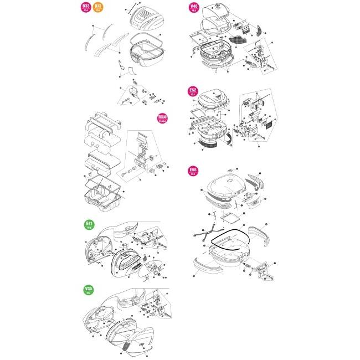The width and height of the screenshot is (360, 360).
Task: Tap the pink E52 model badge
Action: tap(193, 91)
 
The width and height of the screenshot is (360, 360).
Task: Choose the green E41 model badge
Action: tap(89, 225)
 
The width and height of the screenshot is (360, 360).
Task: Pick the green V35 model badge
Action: tap(89, 290)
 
